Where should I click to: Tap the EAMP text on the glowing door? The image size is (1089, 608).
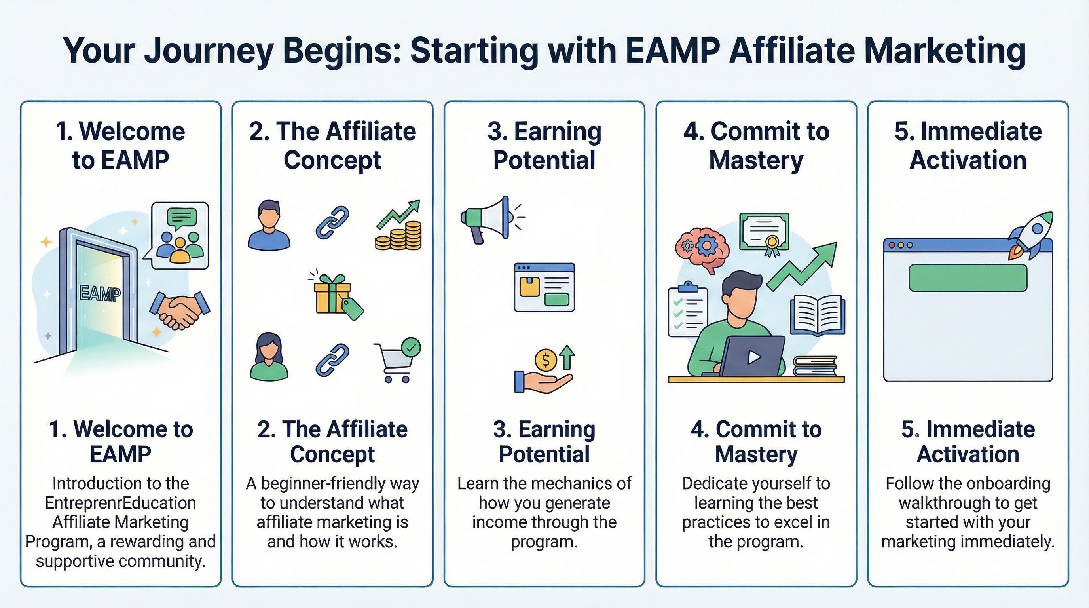click(x=100, y=294)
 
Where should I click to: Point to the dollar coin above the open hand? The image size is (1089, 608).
click(x=545, y=360)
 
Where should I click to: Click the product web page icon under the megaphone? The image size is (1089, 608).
click(x=544, y=287)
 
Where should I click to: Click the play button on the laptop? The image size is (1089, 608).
click(x=754, y=357)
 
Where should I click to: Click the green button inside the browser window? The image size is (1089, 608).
click(x=968, y=278)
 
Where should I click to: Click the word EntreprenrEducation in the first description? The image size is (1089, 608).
click(x=120, y=503)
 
